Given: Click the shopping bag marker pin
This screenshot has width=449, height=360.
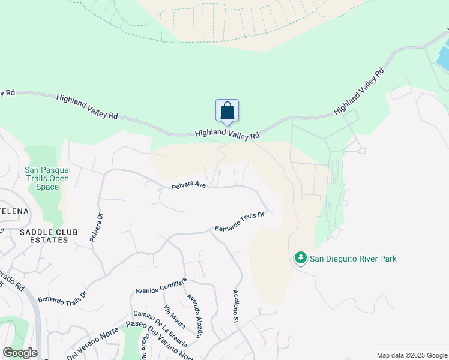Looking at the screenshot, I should pyautogui.click(x=227, y=112).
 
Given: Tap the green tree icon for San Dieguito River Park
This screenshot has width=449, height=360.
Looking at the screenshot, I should pyautogui.click(x=300, y=258).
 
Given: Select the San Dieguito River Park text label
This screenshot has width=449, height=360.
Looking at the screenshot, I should pyautogui.click(x=353, y=259).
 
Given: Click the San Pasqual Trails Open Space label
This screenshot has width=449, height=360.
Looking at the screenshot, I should pyautogui.click(x=47, y=178).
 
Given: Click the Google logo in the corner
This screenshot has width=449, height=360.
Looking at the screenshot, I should pyautogui.click(x=20, y=353).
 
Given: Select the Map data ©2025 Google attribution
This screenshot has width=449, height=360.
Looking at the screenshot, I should pyautogui.click(x=411, y=355).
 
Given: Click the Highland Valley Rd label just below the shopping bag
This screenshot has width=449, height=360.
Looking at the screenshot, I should pyautogui.click(x=227, y=135).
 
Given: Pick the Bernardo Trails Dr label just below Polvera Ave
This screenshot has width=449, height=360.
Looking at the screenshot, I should pyautogui.click(x=240, y=223).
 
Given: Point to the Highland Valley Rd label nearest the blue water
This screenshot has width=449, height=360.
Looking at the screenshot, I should pyautogui.click(x=359, y=91).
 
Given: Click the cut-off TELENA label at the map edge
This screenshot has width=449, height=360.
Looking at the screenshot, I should pyautogui.click(x=13, y=211).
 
